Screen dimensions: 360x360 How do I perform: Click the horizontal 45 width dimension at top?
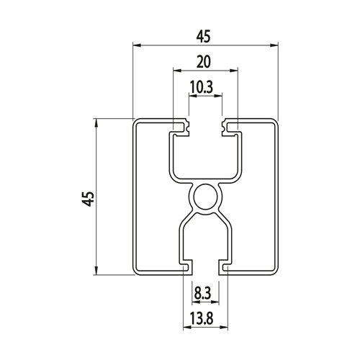(x=203, y=37)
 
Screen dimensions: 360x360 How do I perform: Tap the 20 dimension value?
(x=204, y=61)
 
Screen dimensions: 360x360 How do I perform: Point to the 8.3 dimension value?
(x=202, y=294)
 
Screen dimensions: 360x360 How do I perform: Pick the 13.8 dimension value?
(x=202, y=319)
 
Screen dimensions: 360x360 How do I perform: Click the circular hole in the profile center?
(x=205, y=197)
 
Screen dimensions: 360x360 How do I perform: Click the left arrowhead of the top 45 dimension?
(x=137, y=45)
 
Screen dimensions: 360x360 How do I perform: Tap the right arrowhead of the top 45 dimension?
(x=274, y=45)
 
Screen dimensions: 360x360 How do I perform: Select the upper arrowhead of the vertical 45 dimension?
(x=96, y=122)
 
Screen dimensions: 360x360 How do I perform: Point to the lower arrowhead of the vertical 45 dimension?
(x=96, y=271)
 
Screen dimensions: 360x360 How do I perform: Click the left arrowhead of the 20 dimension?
(x=177, y=71)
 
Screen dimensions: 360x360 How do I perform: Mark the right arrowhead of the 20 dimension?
(x=233, y=71)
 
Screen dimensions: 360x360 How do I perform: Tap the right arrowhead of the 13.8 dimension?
(x=224, y=327)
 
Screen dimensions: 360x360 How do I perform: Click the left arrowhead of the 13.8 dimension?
(x=187, y=327)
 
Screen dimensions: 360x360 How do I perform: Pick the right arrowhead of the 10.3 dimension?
(x=218, y=96)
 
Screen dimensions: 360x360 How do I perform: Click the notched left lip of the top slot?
(x=181, y=127)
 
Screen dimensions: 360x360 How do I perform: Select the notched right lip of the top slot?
(x=230, y=127)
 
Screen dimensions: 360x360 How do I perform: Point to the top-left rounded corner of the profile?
(x=135, y=121)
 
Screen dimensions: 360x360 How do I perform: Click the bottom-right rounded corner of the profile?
(x=276, y=272)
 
